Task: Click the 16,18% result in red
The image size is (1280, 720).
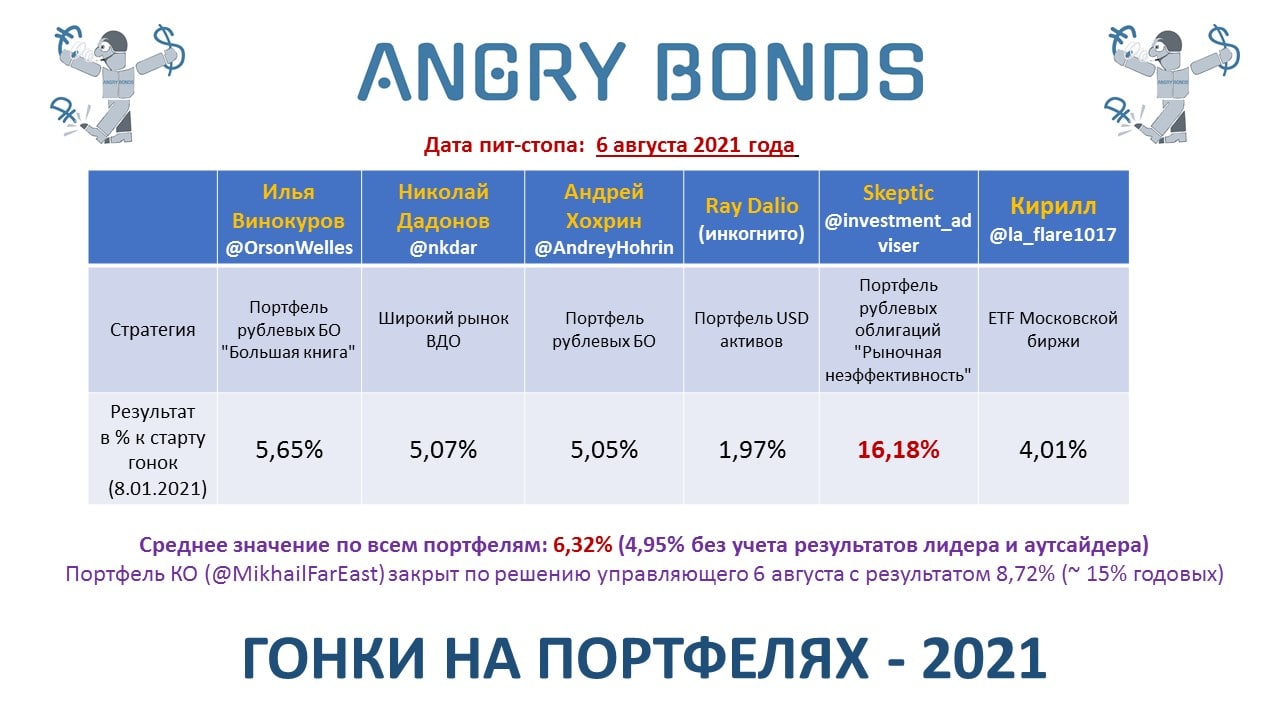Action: click(x=898, y=450)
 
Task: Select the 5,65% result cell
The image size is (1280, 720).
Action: click(x=289, y=450)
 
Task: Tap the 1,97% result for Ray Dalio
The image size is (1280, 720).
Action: click(x=751, y=450)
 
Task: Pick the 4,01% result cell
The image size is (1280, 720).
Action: click(x=1053, y=450)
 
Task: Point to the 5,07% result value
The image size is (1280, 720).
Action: click(x=443, y=450)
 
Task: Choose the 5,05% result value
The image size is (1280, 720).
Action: click(x=604, y=450)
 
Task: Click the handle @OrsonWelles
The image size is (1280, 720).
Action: click(x=289, y=248)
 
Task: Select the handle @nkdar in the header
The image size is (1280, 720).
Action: click(x=443, y=248)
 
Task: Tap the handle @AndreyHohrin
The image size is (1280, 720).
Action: click(x=604, y=248)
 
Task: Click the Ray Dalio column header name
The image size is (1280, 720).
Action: click(x=751, y=206)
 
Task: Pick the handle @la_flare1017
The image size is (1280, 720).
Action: click(x=1053, y=234)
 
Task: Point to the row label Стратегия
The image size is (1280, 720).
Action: click(x=153, y=330)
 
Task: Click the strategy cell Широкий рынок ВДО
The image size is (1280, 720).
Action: click(x=443, y=330)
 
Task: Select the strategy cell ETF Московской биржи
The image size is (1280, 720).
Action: click(x=1053, y=330)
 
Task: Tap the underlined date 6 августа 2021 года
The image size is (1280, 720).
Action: click(x=695, y=145)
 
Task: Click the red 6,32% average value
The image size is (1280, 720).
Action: click(x=582, y=545)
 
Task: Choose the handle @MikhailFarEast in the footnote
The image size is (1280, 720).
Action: click(x=295, y=574)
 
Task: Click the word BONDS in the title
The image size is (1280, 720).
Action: click(x=790, y=72)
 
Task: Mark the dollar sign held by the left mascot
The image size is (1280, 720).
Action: click(x=169, y=50)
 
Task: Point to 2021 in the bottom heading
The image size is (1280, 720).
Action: click(x=984, y=658)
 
